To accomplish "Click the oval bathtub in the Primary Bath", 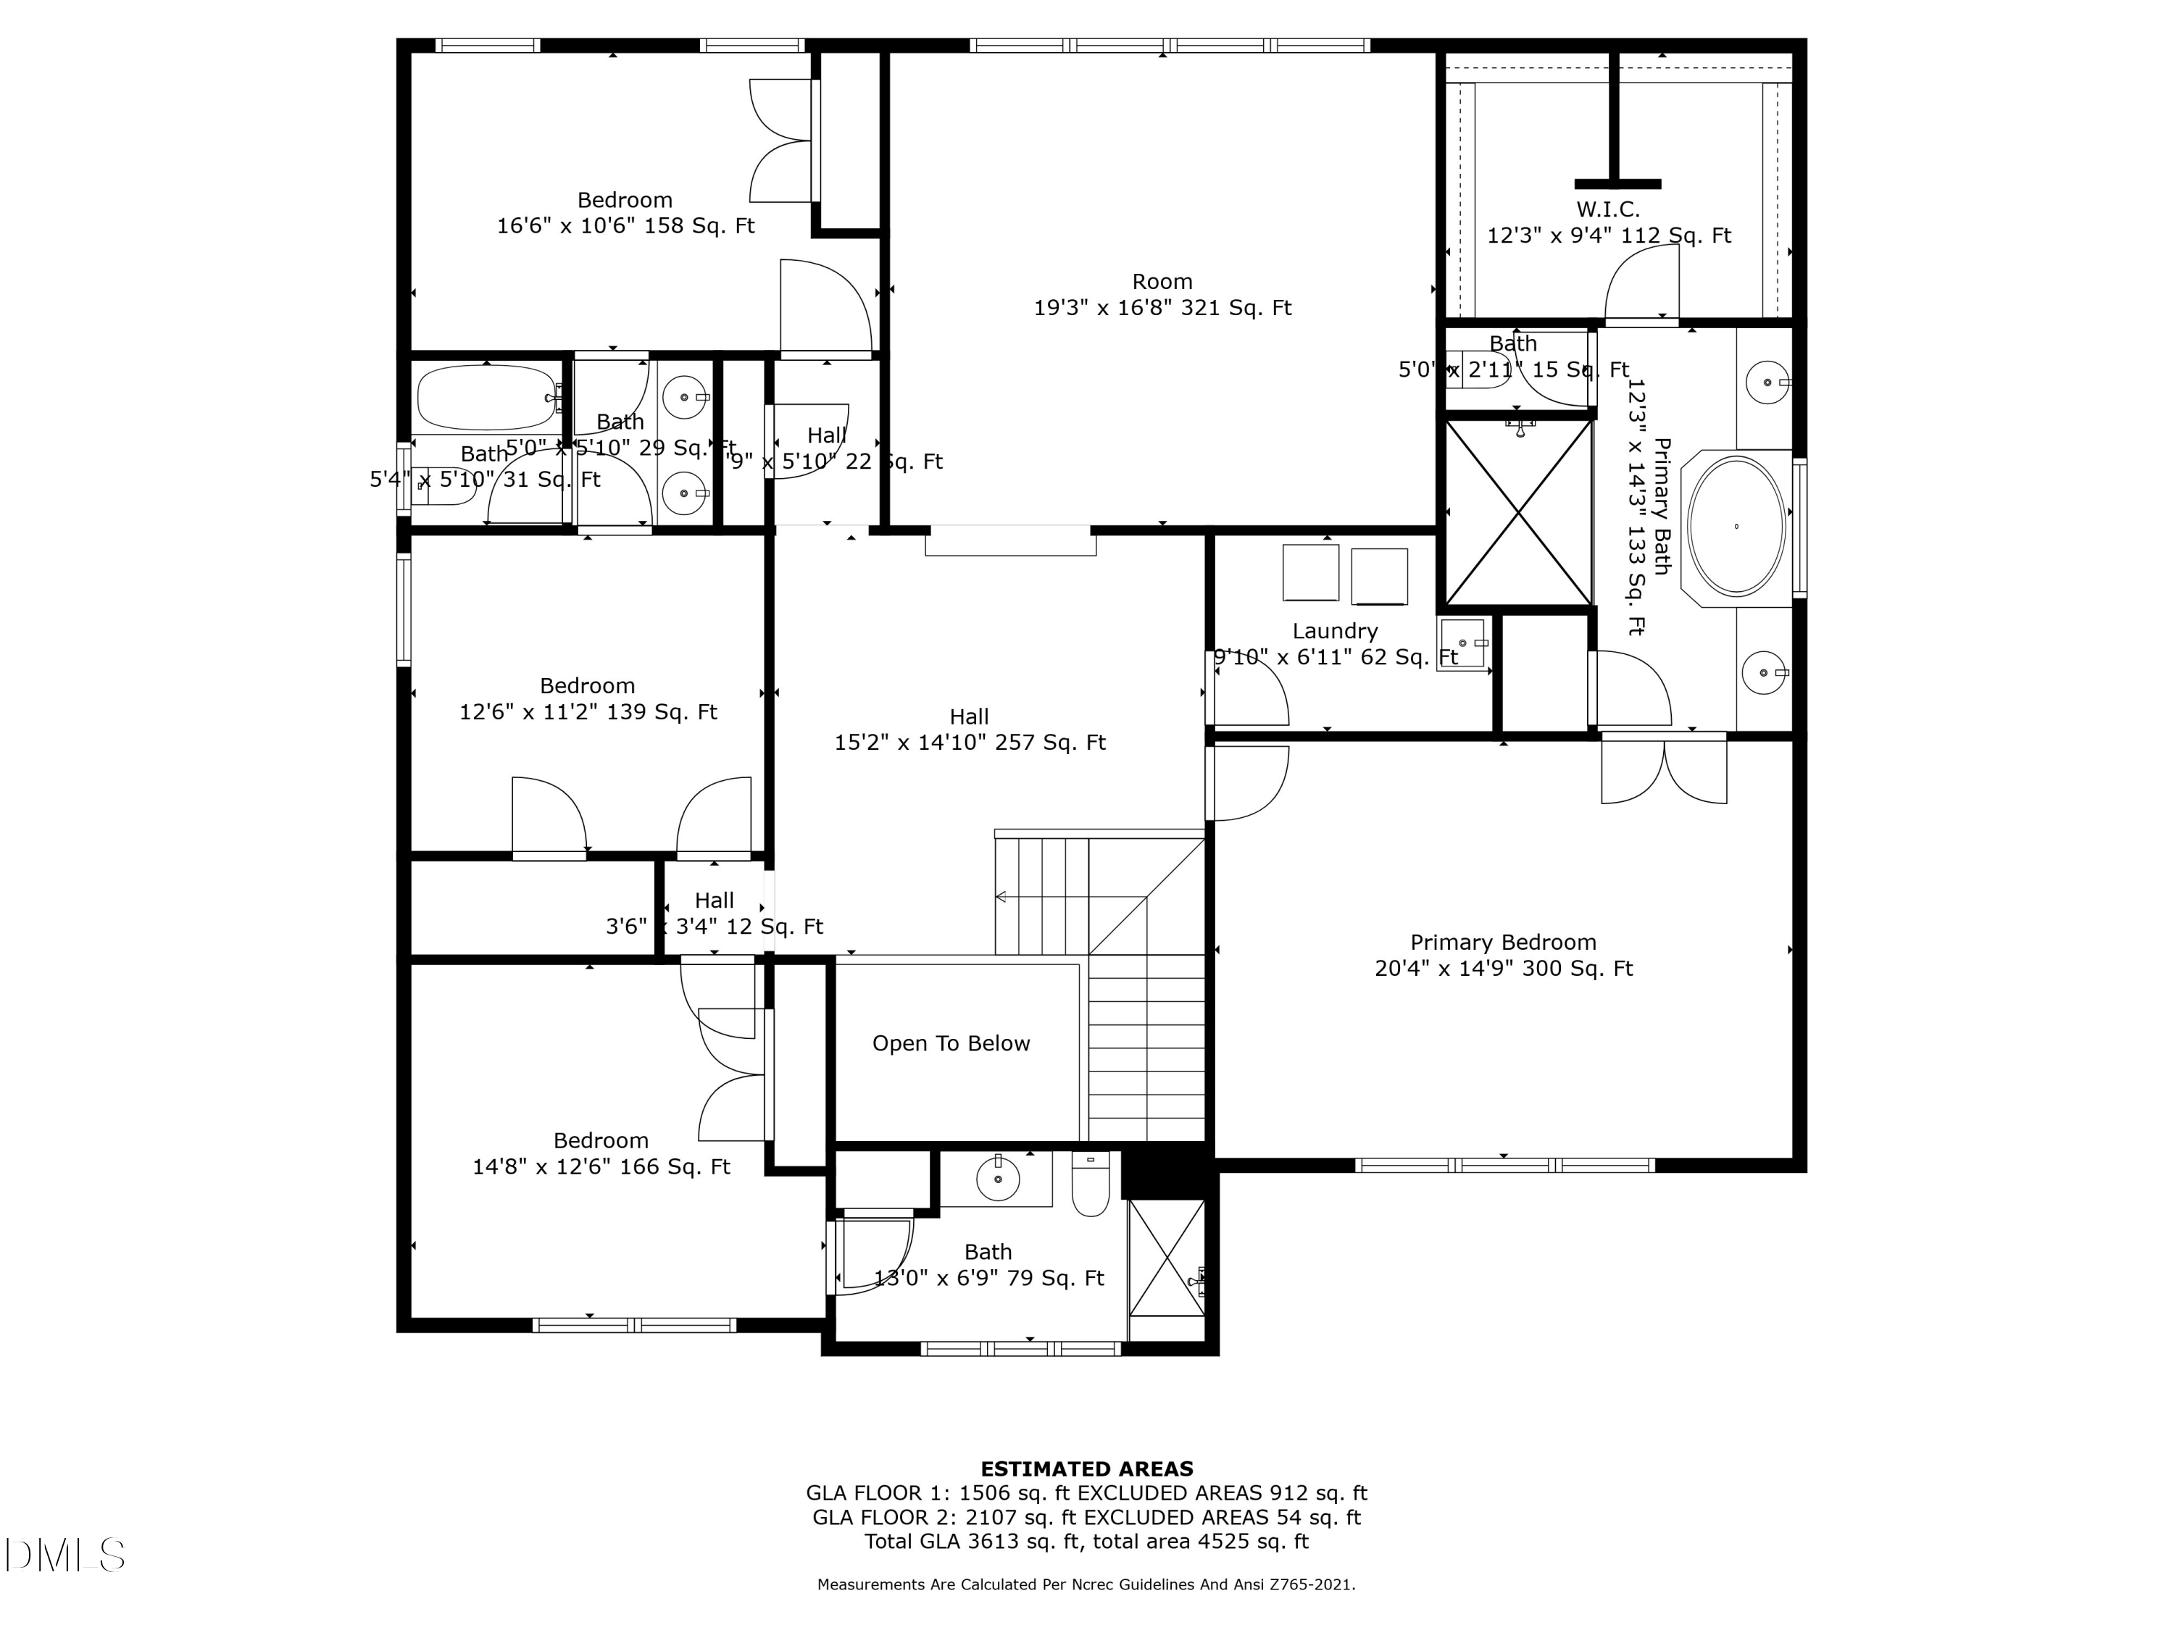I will (1736, 526).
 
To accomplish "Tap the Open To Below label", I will (950, 1043).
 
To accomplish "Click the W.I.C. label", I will (1608, 209).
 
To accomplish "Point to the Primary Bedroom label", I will (1503, 943).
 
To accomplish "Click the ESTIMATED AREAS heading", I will (1086, 1469).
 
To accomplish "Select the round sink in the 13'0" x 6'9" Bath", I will (998, 1178).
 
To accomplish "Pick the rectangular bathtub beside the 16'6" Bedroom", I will (486, 398).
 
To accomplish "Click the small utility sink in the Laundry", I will (1462, 643).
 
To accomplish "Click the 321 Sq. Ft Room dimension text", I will (1162, 308).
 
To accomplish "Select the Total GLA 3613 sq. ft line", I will (1086, 1541).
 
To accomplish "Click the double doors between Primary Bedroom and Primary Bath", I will (1663, 772).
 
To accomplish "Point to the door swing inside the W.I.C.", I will (1641, 283).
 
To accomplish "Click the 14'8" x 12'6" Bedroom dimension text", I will (601, 1166).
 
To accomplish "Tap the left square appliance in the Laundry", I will (1310, 572).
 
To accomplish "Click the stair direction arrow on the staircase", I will (1001, 896).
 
